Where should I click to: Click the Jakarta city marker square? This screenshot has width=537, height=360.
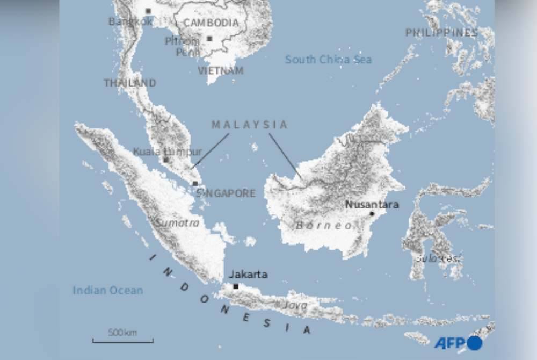click(x=236, y=286)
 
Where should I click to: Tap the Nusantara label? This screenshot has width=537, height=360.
click(x=372, y=205)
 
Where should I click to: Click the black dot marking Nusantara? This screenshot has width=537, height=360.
click(x=372, y=214)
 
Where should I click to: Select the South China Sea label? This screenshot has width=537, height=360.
click(x=328, y=60)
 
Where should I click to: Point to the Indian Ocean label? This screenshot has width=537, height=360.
click(x=108, y=291)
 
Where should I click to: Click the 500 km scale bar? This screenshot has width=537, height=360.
click(x=122, y=340)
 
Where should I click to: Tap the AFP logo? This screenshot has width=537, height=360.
click(x=458, y=343)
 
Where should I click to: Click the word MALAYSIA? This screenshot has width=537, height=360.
click(x=250, y=125)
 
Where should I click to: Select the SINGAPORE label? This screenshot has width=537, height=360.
click(x=226, y=193)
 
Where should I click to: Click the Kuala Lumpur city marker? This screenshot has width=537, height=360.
click(x=166, y=160)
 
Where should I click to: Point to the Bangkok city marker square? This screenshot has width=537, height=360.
click(x=148, y=11)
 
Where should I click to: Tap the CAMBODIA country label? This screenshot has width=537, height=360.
click(x=211, y=23)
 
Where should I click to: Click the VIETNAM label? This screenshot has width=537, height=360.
click(x=221, y=70)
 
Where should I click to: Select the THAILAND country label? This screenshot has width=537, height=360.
click(x=130, y=83)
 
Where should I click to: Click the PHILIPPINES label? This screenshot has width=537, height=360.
click(x=441, y=33)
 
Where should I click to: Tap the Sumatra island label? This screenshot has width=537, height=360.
click(x=177, y=223)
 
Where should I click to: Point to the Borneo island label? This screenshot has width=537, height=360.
click(x=324, y=226)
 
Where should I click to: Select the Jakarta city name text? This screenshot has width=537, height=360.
click(x=248, y=275)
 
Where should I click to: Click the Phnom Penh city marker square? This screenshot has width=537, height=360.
click(x=209, y=39)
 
